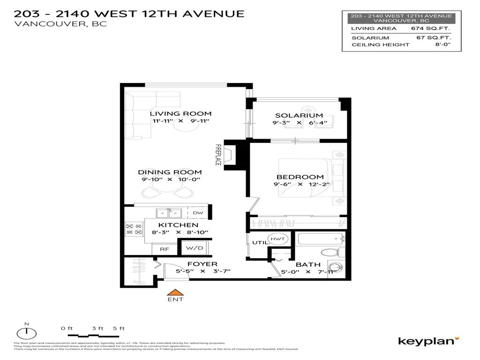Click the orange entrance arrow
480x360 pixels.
pos(175,292)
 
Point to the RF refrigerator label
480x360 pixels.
pos(164,249)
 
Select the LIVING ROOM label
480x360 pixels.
pos(180,113)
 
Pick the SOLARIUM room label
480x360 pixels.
pos(299,115)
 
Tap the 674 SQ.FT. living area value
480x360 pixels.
pos(434,29)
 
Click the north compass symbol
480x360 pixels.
pos(27,332)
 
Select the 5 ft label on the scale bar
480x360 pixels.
pos(119,328)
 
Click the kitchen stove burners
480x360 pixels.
pos(134,229)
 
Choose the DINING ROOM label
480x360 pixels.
pos(170,172)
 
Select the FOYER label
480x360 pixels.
pos(202,264)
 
